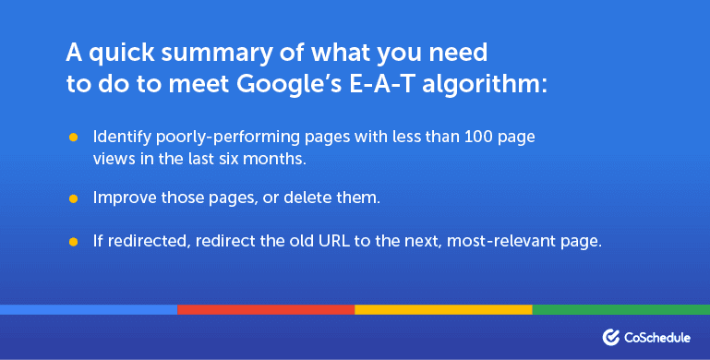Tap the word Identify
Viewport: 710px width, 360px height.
pos(119,138)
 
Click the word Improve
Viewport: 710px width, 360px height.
pos(122,198)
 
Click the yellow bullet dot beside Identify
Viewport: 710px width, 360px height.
pos(73,138)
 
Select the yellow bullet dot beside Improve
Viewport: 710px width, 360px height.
pos(73,198)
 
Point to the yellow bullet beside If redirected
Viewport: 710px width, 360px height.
pos(73,242)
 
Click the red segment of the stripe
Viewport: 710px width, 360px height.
pos(266,309)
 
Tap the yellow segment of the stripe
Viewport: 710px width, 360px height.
pos(443,309)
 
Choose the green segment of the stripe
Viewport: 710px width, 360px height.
pos(620,309)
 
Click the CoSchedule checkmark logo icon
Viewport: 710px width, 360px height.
pos(611,337)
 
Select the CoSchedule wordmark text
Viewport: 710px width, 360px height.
pos(660,337)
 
